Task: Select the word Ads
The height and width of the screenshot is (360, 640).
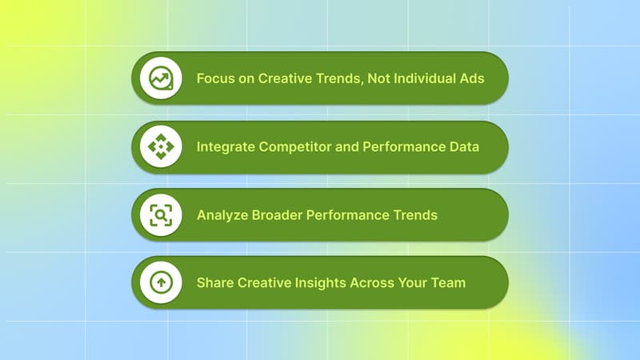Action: pyautogui.click(x=472, y=79)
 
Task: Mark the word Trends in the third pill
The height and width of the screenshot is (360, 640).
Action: pyautogui.click(x=415, y=215)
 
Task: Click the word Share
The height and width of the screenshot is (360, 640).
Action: pyautogui.click(x=214, y=283)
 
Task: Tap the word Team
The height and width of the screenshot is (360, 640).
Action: pyautogui.click(x=448, y=283)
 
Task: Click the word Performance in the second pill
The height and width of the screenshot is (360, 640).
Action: pyautogui.click(x=400, y=147)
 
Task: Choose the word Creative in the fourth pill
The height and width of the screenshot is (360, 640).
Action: pyautogui.click(x=262, y=283)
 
